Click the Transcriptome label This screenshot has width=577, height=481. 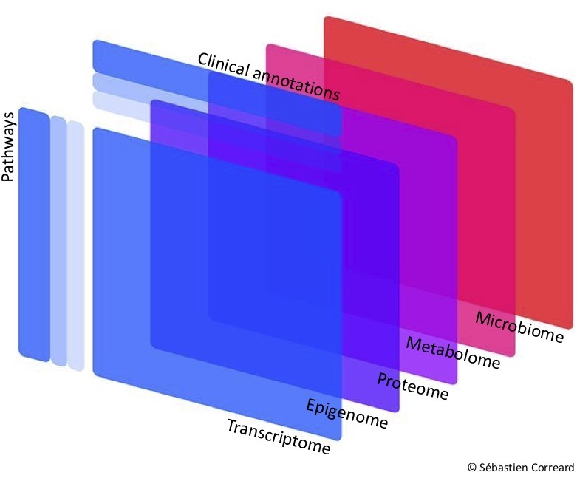point(278,437)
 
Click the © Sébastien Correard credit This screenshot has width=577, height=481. point(520,467)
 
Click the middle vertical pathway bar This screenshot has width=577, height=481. point(58,241)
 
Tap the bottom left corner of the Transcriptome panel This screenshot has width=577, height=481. point(96,373)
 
